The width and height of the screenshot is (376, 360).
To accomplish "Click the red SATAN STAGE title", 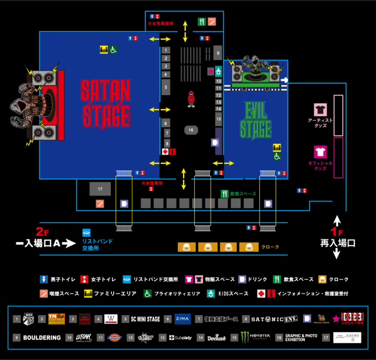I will pyautogui.click(x=106, y=104).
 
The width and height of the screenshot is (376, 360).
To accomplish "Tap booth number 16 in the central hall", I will pyautogui.click(x=191, y=130).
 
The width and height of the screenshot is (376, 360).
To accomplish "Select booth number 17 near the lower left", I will pyautogui.click(x=100, y=189).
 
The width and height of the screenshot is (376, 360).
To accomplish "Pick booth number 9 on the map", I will pyautogui.click(x=217, y=53).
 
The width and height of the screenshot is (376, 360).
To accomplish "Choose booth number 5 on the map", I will pyautogui.click(x=166, y=88).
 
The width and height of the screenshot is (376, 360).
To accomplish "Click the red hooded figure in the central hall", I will pyautogui.click(x=191, y=99).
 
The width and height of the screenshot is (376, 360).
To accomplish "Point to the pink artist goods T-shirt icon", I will pyautogui.click(x=320, y=109).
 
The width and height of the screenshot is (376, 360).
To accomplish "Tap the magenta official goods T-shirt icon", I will pyautogui.click(x=320, y=152).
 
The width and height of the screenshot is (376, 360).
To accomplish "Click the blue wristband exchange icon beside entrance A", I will pyautogui.click(x=87, y=232).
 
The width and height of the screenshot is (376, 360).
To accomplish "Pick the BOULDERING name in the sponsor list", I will pyautogui.click(x=42, y=338).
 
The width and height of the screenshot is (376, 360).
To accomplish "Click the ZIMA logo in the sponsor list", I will pyautogui.click(x=182, y=319).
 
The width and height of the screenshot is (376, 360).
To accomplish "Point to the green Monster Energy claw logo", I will pyautogui.click(x=244, y=337).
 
